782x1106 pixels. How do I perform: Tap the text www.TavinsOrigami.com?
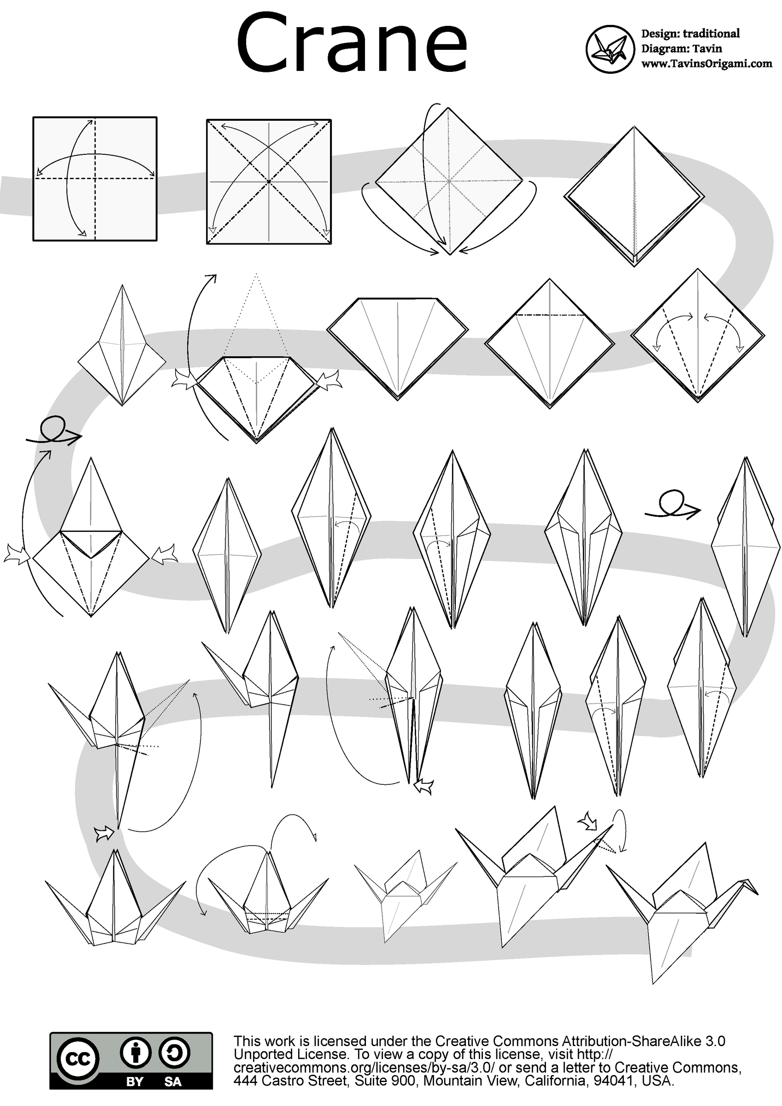point(706,64)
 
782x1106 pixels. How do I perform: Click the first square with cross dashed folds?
point(95,179)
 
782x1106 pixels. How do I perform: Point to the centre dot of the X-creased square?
point(269,182)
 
